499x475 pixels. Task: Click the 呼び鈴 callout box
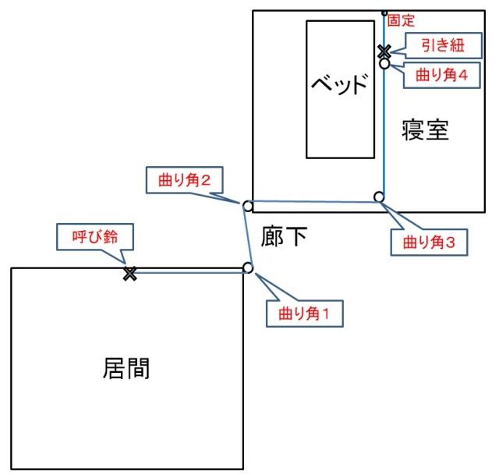pos(95,237)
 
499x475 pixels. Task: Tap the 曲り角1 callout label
pos(305,314)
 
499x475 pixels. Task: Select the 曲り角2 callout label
pos(184,180)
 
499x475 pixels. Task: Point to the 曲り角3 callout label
pos(429,243)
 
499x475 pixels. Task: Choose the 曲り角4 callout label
pos(442,75)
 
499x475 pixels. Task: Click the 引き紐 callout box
pos(444,45)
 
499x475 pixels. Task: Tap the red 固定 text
pos(401,21)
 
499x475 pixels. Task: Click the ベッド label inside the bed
pos(340,84)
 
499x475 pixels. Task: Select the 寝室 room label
pos(425,130)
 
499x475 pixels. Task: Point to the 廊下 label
pos(284,236)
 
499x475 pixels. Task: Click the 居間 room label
pos(126,368)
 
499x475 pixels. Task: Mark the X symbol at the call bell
pos(130,274)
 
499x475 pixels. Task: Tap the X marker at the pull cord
pos(384,51)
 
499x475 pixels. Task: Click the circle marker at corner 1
pos(248,268)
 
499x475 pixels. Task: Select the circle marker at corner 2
pos(248,206)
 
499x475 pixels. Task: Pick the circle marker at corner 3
pos(379,197)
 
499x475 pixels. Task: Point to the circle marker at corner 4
pos(384,63)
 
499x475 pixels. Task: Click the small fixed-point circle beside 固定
pos(384,13)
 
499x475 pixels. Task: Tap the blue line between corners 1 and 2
pos(248,237)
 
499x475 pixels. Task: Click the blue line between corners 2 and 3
pos(313,201)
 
